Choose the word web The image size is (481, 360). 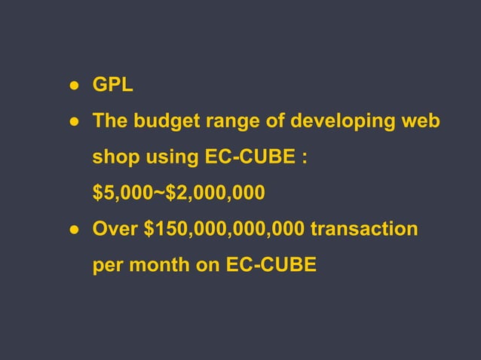coord(423,121)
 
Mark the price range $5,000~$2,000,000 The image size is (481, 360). coord(179,194)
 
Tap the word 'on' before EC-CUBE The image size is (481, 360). coord(208,266)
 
